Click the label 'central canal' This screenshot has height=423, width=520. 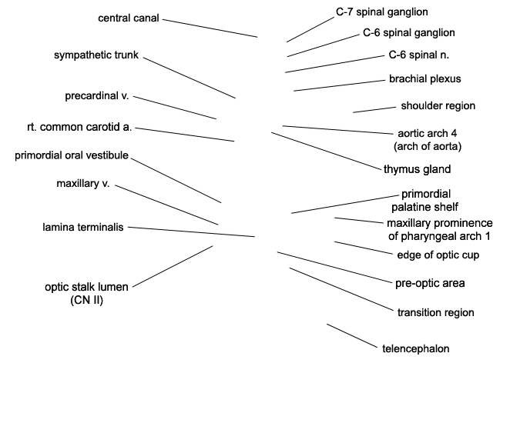pyautogui.click(x=129, y=18)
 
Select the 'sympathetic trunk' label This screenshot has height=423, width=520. pyautogui.click(x=96, y=55)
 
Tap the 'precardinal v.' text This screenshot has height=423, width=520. pyautogui.click(x=97, y=95)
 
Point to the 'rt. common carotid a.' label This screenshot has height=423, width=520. pyautogui.click(x=79, y=127)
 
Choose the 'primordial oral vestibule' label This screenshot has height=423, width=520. pyautogui.click(x=72, y=155)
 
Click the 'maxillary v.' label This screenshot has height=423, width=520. pyautogui.click(x=83, y=183)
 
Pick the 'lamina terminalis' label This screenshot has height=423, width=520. pyautogui.click(x=83, y=227)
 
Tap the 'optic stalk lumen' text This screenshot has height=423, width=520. pyautogui.click(x=86, y=287)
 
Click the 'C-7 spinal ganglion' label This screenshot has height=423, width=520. pyautogui.click(x=381, y=12)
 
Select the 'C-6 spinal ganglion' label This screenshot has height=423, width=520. pyautogui.click(x=409, y=33)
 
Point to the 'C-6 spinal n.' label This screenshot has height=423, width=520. pyautogui.click(x=419, y=55)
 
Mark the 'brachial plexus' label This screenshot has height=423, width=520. pyautogui.click(x=424, y=78)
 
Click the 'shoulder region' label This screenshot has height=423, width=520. pyautogui.click(x=438, y=105)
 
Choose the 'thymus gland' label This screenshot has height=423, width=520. pyautogui.click(x=418, y=169)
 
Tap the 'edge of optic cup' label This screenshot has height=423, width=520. pyautogui.click(x=438, y=255)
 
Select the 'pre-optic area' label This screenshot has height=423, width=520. pyautogui.click(x=430, y=283)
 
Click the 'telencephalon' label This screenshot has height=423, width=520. pyautogui.click(x=416, y=348)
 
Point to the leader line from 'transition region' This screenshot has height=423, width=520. pyautogui.click(x=341, y=289)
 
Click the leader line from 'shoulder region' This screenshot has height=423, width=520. pyautogui.click(x=374, y=110)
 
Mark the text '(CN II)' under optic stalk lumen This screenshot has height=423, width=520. pyautogui.click(x=86, y=300)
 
